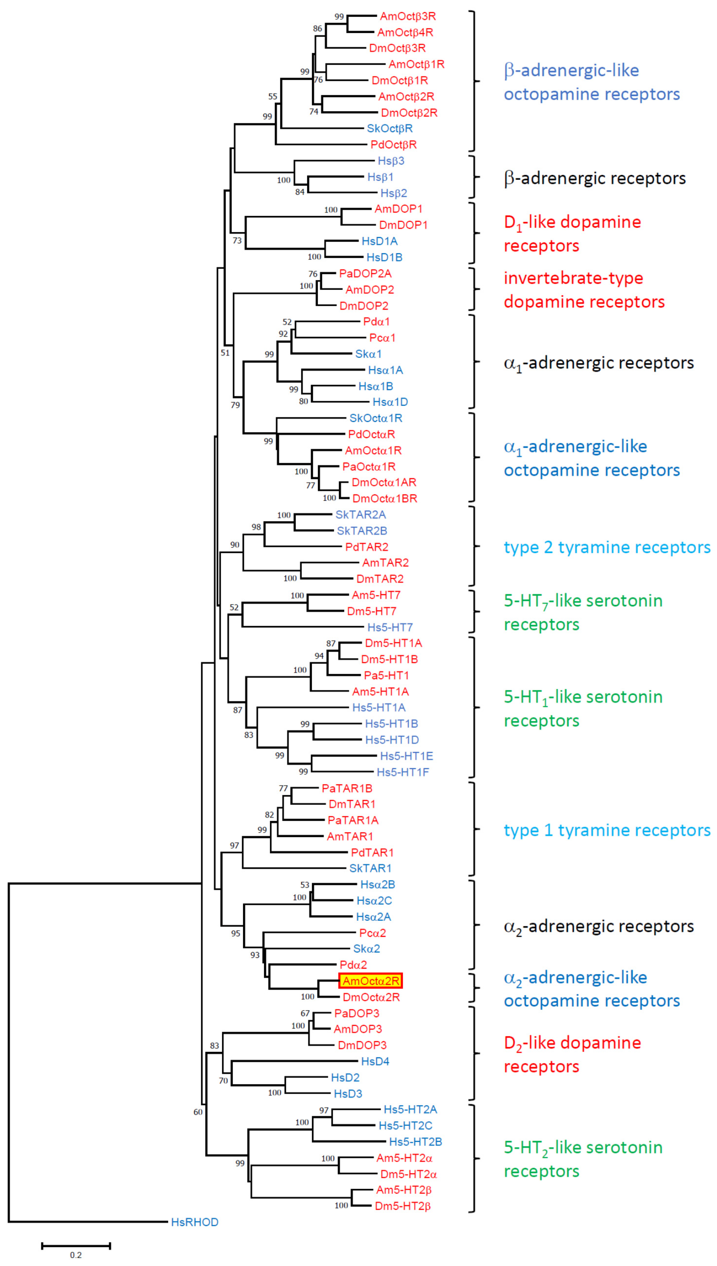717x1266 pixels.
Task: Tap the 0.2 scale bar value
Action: [76, 1255]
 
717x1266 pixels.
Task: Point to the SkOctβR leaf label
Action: [389, 129]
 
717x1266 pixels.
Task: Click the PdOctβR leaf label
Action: [394, 145]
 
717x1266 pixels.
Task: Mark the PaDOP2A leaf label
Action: [365, 273]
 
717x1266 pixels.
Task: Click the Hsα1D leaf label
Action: [390, 402]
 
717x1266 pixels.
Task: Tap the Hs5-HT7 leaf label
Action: [390, 627]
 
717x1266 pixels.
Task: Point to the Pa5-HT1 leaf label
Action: [386, 675]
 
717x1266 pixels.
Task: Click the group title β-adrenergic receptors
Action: [594, 178]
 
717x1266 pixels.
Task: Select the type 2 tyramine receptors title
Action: [607, 547]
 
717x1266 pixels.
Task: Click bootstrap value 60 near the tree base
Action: [198, 1112]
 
